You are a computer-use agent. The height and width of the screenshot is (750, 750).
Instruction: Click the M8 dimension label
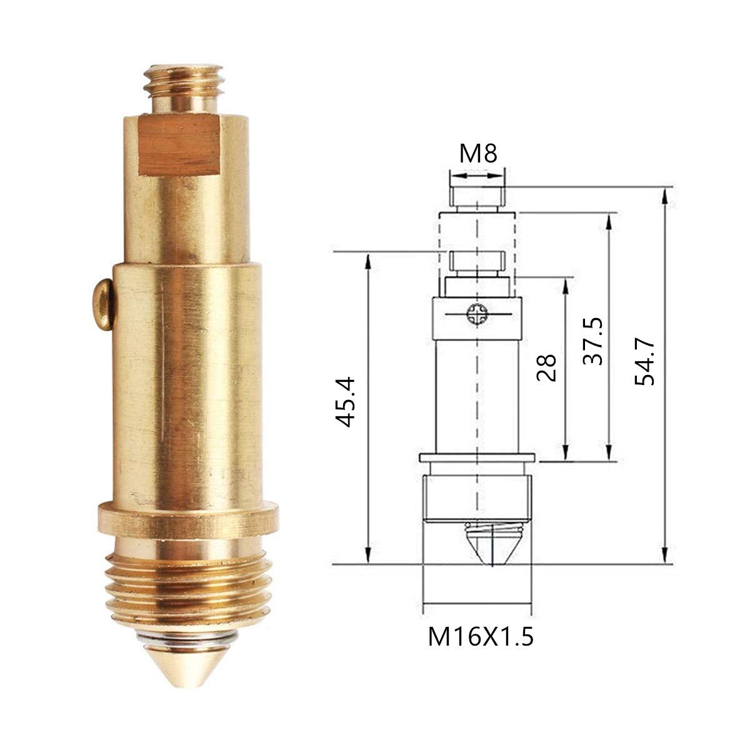pyautogui.click(x=478, y=154)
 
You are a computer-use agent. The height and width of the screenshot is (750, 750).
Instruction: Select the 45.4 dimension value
pyautogui.click(x=345, y=402)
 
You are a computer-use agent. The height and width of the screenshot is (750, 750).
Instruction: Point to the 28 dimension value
pyautogui.click(x=546, y=367)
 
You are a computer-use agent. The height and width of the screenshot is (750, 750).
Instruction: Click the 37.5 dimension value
pyautogui.click(x=592, y=341)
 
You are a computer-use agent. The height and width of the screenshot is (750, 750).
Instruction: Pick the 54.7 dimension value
pyautogui.click(x=644, y=362)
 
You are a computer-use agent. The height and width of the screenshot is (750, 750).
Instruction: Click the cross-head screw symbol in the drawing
pyautogui.click(x=477, y=313)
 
